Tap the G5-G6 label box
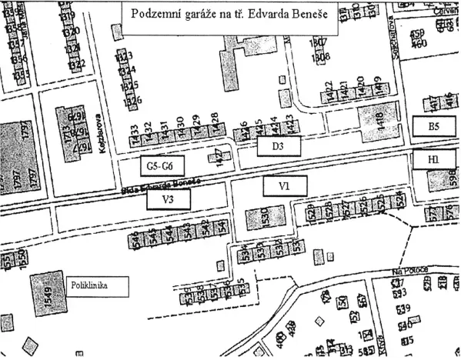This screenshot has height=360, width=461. (161, 165)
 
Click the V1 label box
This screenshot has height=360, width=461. (284, 185)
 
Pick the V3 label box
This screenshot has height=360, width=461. (168, 200)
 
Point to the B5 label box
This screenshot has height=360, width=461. (433, 127)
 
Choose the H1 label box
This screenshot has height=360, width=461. (433, 159)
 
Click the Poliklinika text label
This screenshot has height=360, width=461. (96, 285)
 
